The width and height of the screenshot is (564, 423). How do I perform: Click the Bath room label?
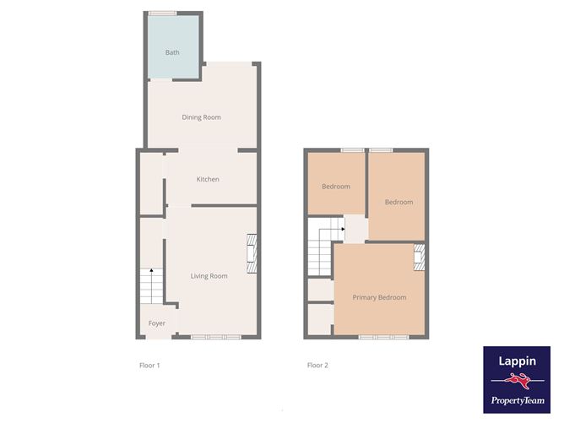click(172, 52)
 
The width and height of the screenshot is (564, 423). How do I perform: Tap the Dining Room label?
click(202, 117)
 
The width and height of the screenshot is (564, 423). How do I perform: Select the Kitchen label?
click(208, 179)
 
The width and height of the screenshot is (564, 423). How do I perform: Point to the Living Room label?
click(209, 276)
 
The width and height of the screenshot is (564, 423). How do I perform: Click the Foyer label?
click(157, 323)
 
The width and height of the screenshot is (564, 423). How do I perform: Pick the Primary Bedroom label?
click(379, 297)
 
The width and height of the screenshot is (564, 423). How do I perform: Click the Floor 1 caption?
click(149, 366)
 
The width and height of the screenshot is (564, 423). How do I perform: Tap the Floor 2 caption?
click(317, 366)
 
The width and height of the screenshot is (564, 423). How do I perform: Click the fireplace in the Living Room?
click(252, 255)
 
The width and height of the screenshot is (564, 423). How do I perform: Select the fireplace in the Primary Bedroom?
click(419, 258)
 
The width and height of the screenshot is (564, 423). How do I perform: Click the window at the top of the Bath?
click(163, 14)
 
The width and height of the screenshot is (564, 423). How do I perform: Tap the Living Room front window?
click(216, 337)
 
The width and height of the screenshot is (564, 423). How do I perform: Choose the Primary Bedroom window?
click(384, 337)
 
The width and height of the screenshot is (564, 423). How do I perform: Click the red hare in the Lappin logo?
click(518, 381)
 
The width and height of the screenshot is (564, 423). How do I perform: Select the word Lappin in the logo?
click(517, 361)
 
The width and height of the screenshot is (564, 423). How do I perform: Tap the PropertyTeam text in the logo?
click(518, 400)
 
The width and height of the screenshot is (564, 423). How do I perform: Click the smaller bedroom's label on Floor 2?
click(336, 187)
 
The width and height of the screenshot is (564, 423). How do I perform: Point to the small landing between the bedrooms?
click(356, 229)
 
